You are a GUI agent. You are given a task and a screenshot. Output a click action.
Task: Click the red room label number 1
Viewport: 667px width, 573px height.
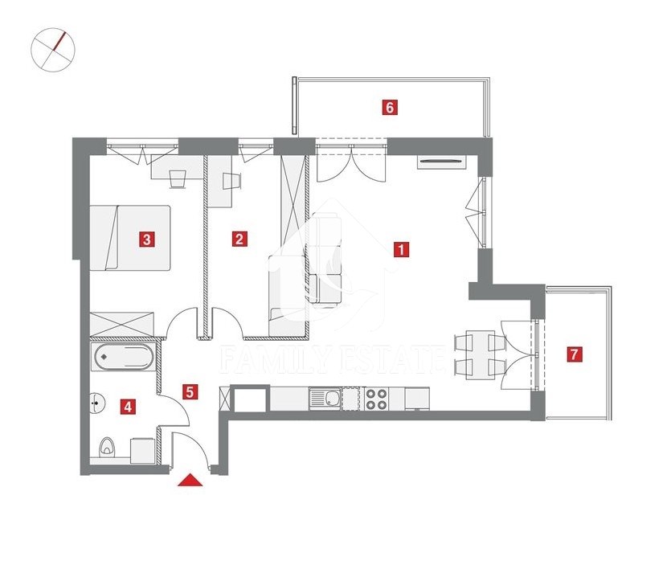point(401,249)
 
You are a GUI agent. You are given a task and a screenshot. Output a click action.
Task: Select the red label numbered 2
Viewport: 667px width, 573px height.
point(239,239)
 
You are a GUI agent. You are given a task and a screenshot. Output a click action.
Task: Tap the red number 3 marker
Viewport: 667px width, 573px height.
point(147,239)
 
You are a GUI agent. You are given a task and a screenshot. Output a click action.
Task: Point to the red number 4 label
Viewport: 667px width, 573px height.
point(128,407)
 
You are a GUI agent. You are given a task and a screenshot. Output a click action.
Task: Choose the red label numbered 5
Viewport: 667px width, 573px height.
point(190,391)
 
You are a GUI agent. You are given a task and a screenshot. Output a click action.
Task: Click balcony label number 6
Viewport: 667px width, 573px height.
point(390,107)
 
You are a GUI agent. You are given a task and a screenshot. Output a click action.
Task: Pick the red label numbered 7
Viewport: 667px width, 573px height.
point(575,354)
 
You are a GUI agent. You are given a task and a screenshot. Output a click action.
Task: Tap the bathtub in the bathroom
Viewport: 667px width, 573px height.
point(124,357)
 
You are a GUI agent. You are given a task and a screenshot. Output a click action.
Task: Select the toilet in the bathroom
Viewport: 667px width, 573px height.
point(106,448)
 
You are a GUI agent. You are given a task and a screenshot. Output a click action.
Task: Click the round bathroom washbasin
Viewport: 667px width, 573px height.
point(97,402)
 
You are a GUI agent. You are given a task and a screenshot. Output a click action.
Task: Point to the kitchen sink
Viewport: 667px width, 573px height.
point(325,399)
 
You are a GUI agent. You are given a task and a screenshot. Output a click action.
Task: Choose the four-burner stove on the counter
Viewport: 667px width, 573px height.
point(377,399)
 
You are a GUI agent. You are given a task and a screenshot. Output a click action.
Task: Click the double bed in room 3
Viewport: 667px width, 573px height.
point(130,237)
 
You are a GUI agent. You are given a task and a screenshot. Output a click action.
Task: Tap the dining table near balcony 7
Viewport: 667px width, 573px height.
point(481,354)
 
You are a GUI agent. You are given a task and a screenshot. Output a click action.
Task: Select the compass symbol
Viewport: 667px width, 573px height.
point(53,50)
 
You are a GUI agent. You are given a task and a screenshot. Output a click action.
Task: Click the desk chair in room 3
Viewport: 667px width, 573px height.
point(178,178)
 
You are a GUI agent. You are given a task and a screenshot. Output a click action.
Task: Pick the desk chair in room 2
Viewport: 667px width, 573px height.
point(232,181)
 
